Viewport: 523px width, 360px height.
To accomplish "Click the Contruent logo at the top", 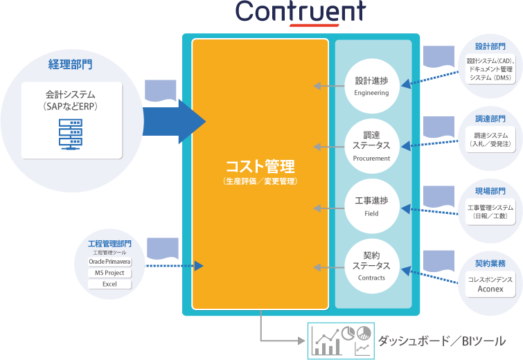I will pos(299,12).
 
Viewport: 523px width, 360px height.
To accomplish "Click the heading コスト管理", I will pos(260,167).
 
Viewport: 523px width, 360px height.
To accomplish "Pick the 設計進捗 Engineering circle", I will pos(371,86).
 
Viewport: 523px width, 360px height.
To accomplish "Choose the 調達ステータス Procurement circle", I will pos(371,145).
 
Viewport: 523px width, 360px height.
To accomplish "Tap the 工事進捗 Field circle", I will pos(371,206).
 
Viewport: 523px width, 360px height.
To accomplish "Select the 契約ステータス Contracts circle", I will pos(371,265).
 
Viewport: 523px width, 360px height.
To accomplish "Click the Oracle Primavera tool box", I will pos(109,262).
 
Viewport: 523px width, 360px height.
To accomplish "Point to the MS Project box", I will pos(109,273).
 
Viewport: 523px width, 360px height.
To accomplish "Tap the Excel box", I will pos(109,284).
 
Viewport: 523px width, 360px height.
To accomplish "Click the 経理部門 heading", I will pos(70,64).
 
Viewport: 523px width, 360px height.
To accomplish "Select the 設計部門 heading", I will pos(490,46).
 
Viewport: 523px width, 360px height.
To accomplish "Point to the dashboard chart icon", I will pos(341,339).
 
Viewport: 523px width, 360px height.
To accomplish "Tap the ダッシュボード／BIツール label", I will pos(441,341).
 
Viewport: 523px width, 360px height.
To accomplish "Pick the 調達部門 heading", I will pos(490,119).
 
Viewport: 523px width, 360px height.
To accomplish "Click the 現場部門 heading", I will pos(490,190).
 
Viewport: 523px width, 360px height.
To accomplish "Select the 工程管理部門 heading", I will pos(109,244).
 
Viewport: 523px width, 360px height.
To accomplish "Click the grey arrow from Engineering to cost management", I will pos(329,87).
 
